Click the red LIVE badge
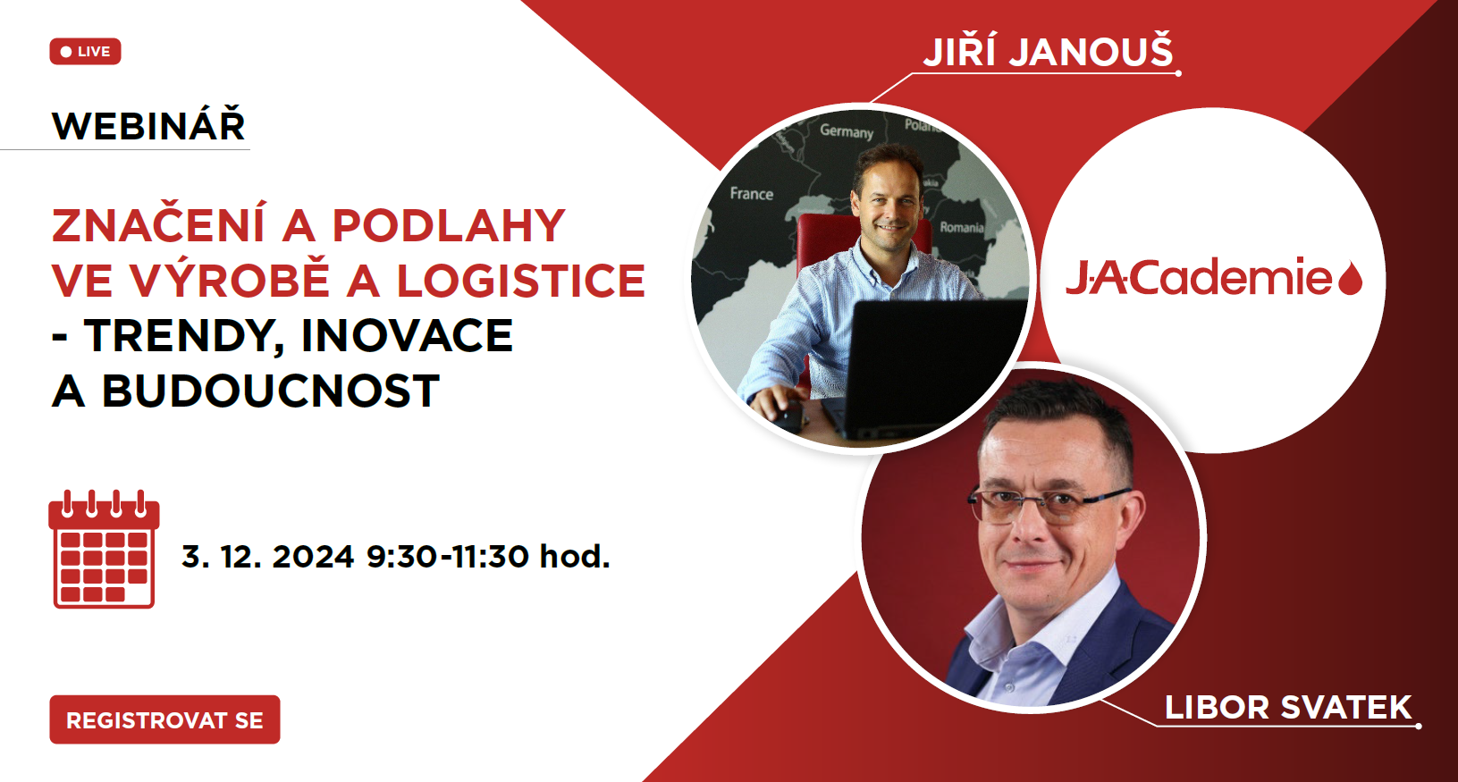85,52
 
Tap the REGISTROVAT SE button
164,719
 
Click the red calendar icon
104,550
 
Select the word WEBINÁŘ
148,125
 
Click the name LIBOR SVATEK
1288,708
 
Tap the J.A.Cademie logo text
1199,276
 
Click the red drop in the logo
1350,279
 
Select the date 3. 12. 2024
267,557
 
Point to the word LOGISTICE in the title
520,281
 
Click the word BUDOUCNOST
271,391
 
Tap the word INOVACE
407,336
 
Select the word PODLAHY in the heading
449,226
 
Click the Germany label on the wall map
847,131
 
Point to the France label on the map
752,194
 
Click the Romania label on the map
962,228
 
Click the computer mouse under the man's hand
788,414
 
